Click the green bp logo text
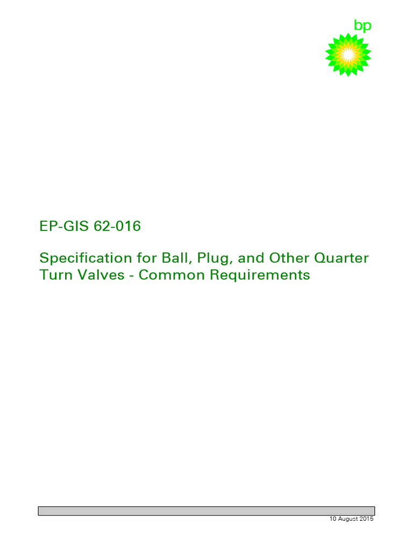click(x=362, y=26)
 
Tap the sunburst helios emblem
click(x=348, y=54)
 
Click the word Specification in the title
click(x=84, y=258)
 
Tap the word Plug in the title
click(x=211, y=258)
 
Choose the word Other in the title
click(x=289, y=258)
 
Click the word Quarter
click(x=342, y=258)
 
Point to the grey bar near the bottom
click(x=206, y=511)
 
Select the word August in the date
click(x=348, y=519)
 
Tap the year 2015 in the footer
click(x=367, y=519)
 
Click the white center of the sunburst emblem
click(x=348, y=54)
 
